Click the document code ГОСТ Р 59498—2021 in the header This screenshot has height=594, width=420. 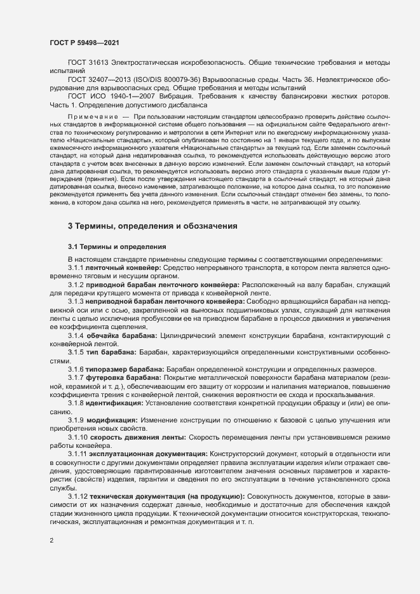(83, 42)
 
